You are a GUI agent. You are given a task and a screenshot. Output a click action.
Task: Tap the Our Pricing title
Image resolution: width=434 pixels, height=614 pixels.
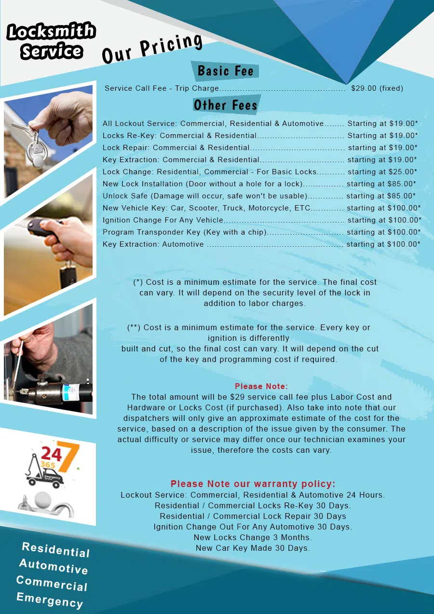(x=151, y=49)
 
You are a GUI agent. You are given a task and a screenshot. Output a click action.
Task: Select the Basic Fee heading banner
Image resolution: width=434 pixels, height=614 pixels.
(x=225, y=71)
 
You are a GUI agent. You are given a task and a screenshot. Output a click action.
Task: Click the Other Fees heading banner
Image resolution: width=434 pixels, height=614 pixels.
(x=225, y=105)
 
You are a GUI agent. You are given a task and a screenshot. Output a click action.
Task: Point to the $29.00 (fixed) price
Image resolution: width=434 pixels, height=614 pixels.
(x=377, y=88)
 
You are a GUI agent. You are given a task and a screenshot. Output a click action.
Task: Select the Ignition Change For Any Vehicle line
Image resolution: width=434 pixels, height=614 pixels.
(x=163, y=220)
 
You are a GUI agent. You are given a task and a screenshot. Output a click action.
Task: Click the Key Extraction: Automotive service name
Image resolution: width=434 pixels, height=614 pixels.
(x=153, y=244)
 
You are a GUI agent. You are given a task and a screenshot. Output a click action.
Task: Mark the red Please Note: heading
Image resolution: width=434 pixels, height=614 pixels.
(x=261, y=387)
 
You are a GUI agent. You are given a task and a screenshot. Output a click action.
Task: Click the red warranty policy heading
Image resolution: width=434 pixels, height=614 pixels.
(x=253, y=484)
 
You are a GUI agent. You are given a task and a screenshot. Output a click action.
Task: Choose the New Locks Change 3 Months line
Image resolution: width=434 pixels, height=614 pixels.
(x=253, y=537)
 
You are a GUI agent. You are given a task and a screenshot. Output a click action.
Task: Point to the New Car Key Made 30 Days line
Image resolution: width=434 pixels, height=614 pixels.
(x=253, y=548)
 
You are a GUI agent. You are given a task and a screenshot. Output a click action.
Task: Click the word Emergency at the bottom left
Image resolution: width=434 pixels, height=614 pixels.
(x=50, y=600)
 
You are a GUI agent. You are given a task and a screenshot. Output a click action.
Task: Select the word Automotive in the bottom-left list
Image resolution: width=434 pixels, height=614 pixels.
(x=54, y=567)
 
